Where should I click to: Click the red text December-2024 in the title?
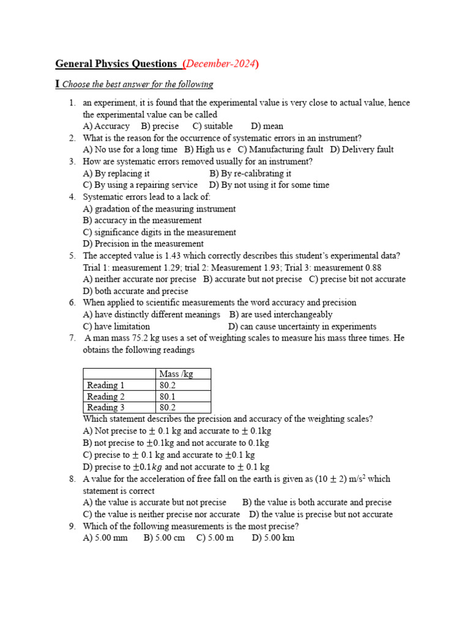coord(220,64)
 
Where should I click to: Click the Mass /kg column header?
coord(176,374)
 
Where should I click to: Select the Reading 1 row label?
coord(106,385)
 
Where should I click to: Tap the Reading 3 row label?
coord(106,407)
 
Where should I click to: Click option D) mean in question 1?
coord(267,126)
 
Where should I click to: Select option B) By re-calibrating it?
coord(250,173)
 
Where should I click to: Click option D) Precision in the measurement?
coord(143,244)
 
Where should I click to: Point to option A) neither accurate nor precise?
coord(140,279)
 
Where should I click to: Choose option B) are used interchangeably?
coord(281,314)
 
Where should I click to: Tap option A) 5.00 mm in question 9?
coord(105,538)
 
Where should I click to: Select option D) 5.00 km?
coord(273,538)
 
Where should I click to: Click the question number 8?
coord(72,479)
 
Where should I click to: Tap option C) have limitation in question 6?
coord(116,326)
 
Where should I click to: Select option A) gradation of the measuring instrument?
coord(159,208)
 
